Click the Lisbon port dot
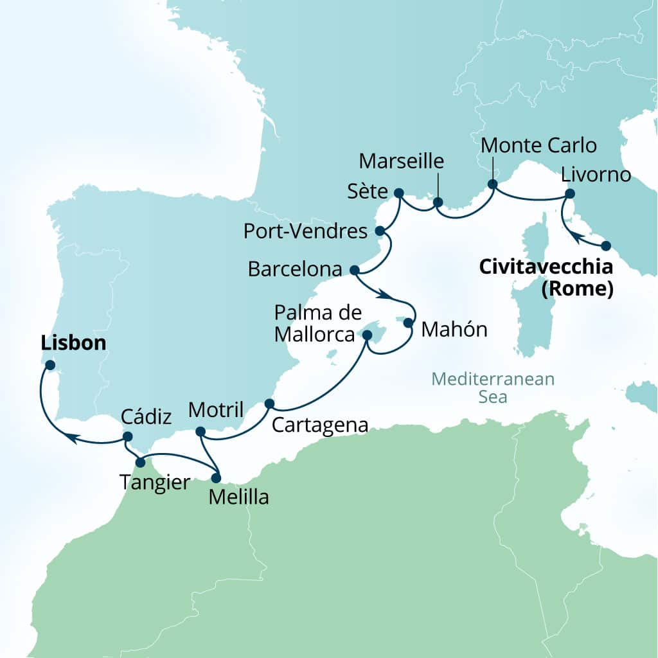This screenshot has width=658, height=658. [x=49, y=365]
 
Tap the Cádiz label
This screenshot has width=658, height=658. [x=147, y=418]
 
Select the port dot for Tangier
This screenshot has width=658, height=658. [x=140, y=462]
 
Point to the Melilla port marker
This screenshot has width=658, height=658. [x=216, y=478]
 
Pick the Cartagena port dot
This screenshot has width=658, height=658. [x=269, y=404]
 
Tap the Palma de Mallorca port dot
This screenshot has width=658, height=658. [x=368, y=335]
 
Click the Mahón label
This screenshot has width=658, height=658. [x=454, y=330]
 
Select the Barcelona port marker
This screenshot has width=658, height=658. [x=353, y=269]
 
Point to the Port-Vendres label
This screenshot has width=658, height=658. [x=305, y=231]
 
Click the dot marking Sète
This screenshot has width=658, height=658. [x=398, y=193]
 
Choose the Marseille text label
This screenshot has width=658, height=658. [x=402, y=161]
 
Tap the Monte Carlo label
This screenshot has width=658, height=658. [x=538, y=145]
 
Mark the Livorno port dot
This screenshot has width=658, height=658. [x=569, y=194]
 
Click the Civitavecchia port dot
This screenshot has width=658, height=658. [x=605, y=245]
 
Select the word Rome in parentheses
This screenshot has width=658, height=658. [x=575, y=289]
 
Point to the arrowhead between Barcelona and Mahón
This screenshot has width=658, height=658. [x=384, y=296]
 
